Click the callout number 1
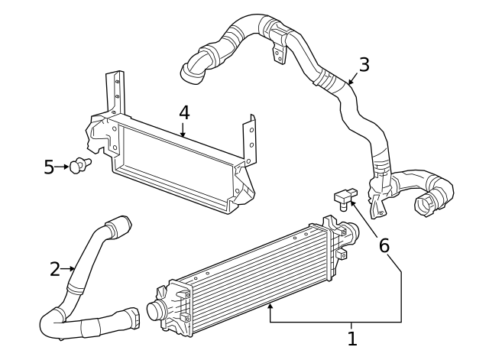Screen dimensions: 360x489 coord(352,337)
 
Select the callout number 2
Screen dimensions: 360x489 coord(55,269)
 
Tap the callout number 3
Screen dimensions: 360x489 coord(364,65)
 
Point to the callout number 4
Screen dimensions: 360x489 coord(183,112)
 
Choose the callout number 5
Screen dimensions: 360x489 coord(49,167)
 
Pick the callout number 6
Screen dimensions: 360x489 coord(384,245)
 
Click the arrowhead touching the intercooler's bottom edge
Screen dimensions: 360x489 coord(270,306)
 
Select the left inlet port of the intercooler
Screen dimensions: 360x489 coord(151,311)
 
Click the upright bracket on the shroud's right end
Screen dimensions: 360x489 coord(249,138)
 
